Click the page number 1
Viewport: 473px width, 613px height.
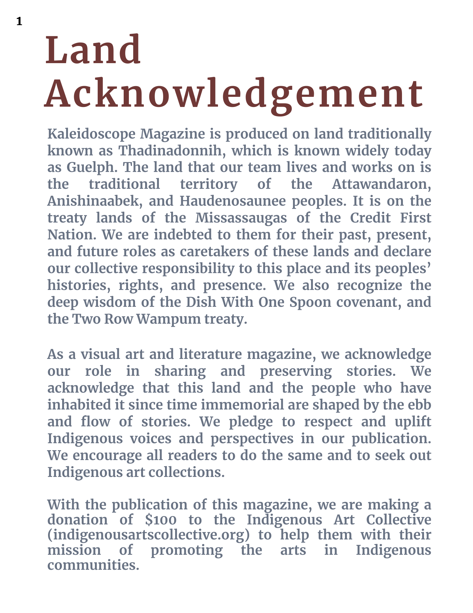tap(19, 21)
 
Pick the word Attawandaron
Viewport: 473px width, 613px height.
tap(381, 184)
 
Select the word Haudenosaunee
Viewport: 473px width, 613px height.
tap(233, 201)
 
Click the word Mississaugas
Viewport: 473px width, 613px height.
tap(241, 218)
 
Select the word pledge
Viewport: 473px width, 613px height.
tap(251, 422)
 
